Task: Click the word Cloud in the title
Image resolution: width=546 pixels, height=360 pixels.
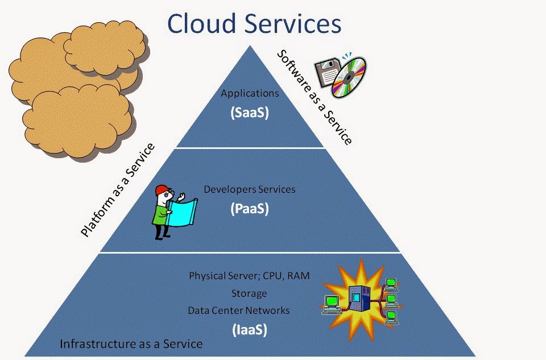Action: [201, 23]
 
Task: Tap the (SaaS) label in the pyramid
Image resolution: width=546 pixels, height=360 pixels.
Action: [250, 113]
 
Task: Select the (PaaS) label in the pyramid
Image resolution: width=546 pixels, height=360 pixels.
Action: [250, 209]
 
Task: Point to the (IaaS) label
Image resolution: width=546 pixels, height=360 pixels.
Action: [250, 329]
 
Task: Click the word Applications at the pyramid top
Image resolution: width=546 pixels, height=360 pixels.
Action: [250, 93]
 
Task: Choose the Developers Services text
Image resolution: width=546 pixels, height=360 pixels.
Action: [249, 189]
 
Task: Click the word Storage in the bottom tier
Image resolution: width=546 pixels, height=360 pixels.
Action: [249, 293]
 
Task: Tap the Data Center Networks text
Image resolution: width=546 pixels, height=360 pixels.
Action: [238, 310]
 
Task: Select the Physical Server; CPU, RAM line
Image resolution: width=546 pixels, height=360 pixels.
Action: [249, 276]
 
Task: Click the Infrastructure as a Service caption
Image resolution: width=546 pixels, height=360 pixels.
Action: [131, 344]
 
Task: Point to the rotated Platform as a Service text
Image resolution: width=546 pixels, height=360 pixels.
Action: [118, 190]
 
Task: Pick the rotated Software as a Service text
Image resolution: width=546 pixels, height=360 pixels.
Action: [314, 97]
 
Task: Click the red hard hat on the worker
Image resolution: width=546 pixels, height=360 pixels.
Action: [162, 190]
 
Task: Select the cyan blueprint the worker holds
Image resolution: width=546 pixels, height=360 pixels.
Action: [182, 212]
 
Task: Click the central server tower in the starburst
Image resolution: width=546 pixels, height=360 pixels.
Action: [359, 299]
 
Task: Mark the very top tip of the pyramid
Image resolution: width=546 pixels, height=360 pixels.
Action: [250, 45]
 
